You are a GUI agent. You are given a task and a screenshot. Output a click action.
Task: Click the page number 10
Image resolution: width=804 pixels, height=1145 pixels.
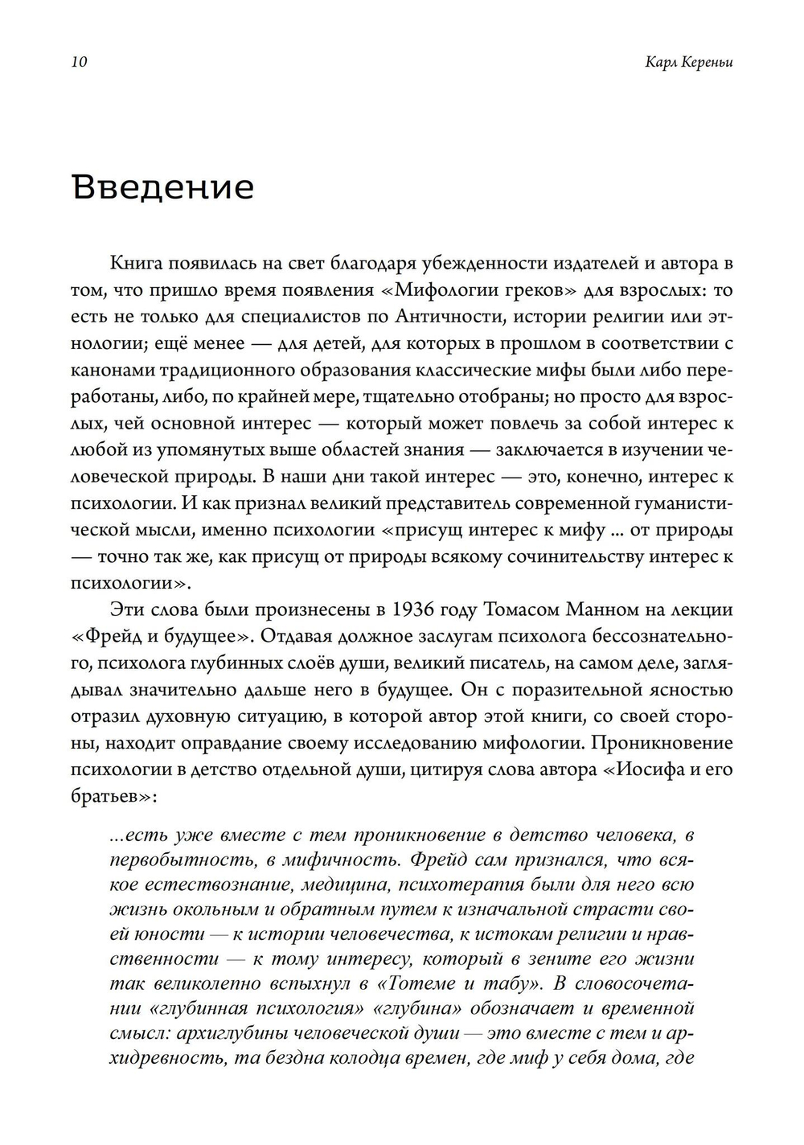(x=79, y=63)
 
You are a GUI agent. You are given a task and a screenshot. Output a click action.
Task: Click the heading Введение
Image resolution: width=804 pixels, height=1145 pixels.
(x=163, y=187)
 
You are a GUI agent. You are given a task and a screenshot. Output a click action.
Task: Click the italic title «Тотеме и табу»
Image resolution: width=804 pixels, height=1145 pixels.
(x=459, y=983)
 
